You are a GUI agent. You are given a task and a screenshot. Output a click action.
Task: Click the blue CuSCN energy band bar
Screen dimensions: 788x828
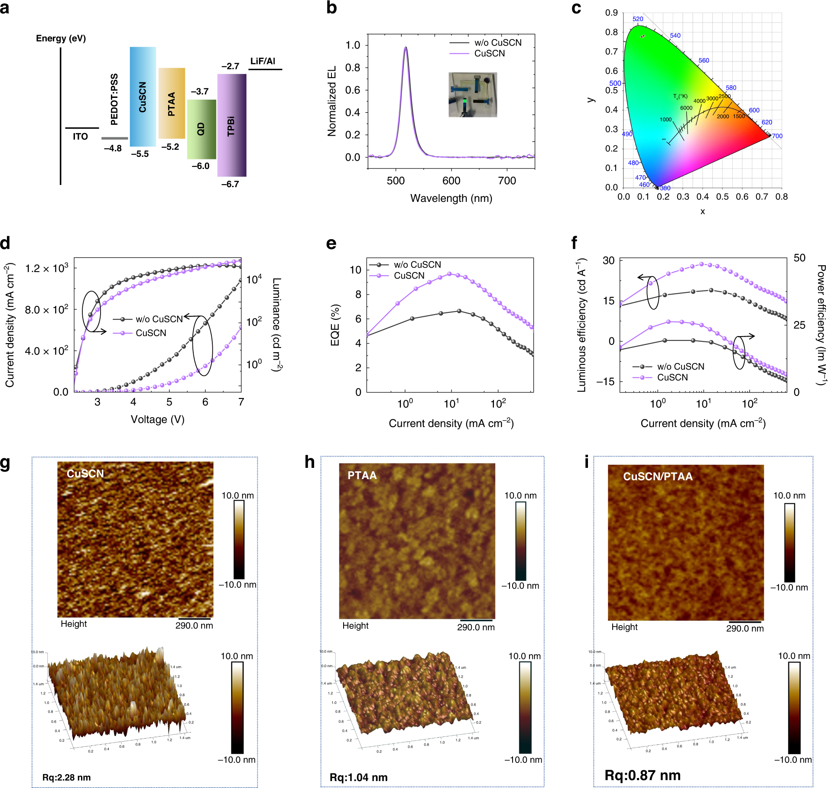143,97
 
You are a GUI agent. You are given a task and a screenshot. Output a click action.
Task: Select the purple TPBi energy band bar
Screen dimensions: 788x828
231,125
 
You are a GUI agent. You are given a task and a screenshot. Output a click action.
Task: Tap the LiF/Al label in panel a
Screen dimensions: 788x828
263,61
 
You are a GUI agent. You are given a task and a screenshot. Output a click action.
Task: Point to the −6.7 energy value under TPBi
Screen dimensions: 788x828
230,184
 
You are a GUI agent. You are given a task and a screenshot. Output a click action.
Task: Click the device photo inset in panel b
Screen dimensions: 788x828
472,94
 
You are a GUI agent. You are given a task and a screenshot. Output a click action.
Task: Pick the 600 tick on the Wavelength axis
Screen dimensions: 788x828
451,181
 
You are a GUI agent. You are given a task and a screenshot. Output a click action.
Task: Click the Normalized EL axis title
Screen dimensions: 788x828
332,101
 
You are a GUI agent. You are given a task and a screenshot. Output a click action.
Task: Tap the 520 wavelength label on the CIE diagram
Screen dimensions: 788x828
637,19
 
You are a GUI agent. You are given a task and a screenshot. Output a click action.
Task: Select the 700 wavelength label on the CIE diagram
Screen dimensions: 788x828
777,136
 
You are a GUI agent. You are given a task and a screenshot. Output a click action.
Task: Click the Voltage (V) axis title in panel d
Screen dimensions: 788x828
157,419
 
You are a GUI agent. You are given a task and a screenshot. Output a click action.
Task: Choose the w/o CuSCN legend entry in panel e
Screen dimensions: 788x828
417,265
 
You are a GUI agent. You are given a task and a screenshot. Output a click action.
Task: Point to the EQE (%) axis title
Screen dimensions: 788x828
334,325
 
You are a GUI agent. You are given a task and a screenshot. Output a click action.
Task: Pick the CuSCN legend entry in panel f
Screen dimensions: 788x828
672,377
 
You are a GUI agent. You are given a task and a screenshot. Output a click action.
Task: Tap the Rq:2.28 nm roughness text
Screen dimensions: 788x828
66,777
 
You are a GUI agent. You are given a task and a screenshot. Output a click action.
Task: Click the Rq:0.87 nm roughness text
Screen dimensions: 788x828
642,775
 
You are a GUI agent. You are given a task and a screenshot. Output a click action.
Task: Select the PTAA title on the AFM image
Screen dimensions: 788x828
362,476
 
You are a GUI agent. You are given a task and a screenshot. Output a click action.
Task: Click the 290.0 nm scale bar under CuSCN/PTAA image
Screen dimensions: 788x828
744,623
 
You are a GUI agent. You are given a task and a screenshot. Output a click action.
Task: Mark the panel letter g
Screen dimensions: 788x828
5,463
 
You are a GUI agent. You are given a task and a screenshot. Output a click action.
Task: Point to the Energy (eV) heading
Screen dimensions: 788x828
61,39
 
